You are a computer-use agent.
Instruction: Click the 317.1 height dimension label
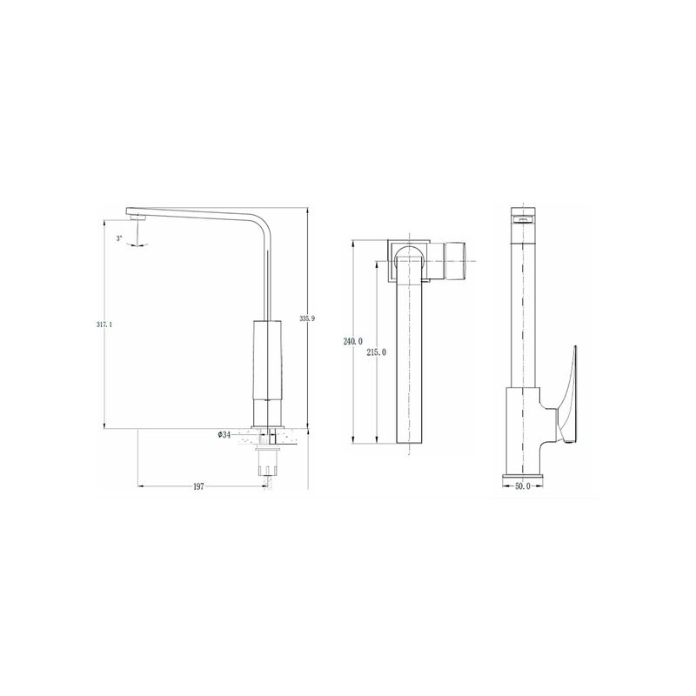104,325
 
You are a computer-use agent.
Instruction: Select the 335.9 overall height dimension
307,318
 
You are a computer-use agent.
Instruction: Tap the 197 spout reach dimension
198,486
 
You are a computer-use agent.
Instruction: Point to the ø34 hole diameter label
224,435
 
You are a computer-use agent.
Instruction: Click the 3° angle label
119,238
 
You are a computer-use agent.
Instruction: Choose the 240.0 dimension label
353,341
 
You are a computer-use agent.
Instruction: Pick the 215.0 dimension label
377,352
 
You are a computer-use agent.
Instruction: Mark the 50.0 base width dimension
523,485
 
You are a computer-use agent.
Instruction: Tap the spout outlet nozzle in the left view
138,217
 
